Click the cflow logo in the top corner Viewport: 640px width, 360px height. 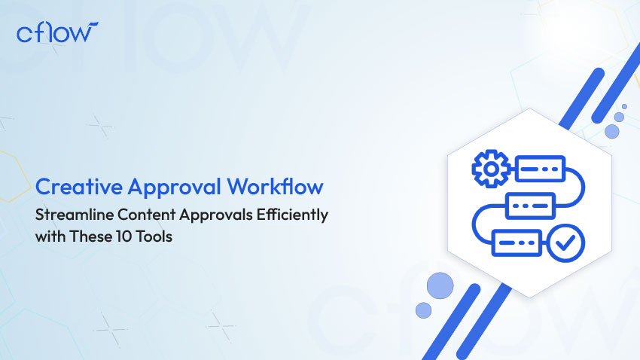pyautogui.click(x=57, y=32)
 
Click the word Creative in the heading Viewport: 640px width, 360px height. pyautogui.click(x=79, y=187)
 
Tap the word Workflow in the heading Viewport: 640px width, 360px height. pyautogui.click(x=275, y=186)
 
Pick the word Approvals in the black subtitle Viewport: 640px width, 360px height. pyautogui.click(x=216, y=215)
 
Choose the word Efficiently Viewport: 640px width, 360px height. pyautogui.click(x=292, y=215)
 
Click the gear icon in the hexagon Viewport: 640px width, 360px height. pyautogui.click(x=491, y=169)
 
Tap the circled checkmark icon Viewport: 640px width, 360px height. pyautogui.click(x=565, y=243)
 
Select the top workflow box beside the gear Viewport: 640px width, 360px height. pyautogui.click(x=540, y=169)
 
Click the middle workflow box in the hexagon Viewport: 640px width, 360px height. pyautogui.click(x=530, y=206)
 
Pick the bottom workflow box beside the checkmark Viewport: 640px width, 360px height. pyautogui.click(x=517, y=243)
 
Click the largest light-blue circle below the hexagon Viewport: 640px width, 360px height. pyautogui.click(x=440, y=285)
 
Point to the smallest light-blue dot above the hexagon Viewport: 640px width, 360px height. pyautogui.click(x=624, y=106)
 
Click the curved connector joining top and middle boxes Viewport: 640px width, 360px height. pyautogui.click(x=584, y=188)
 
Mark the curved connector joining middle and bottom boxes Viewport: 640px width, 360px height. pyautogui.click(x=474, y=224)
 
